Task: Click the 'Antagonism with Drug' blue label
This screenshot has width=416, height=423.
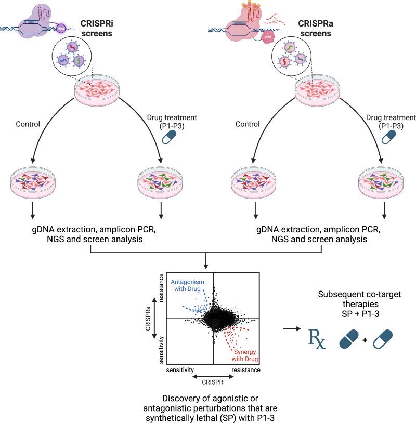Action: click(x=188, y=285)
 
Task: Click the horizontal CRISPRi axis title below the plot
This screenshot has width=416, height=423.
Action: click(x=213, y=380)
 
